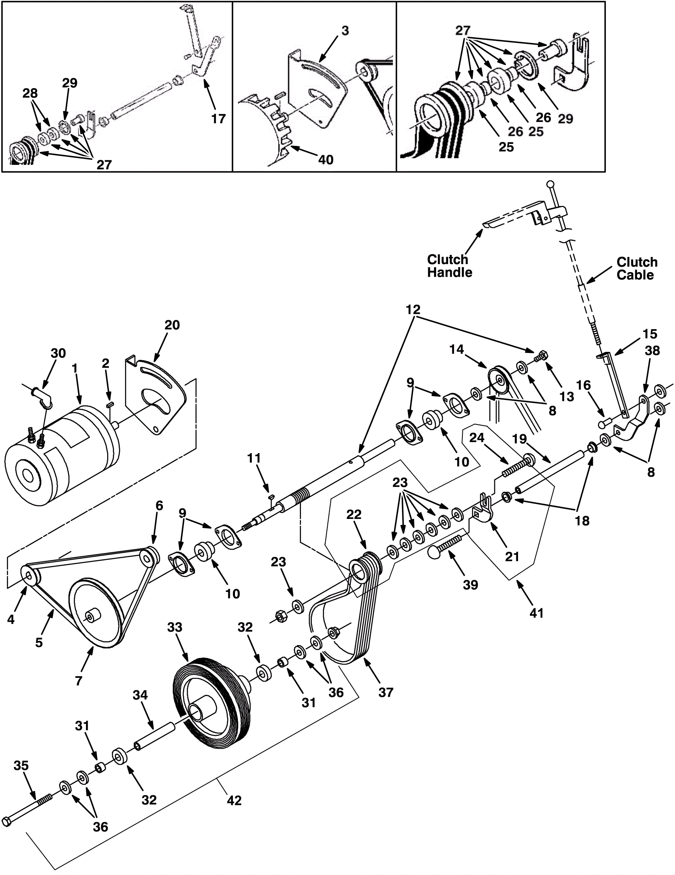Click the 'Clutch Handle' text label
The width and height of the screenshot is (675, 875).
tap(449, 265)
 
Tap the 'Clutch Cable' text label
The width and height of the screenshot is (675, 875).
tap(637, 268)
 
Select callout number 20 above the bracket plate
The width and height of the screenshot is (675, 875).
tap(172, 325)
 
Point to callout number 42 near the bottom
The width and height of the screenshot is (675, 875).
tap(234, 800)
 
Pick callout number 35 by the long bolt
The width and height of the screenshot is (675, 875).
tap(21, 765)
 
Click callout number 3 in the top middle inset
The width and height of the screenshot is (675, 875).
tap(345, 31)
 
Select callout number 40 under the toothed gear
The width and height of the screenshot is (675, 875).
tap(326, 159)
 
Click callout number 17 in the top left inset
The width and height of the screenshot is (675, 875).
tap(219, 119)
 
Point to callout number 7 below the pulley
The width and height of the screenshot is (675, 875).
tap(78, 680)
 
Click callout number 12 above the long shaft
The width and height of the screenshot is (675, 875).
tap(413, 309)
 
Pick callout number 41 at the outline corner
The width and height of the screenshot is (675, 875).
tap(536, 612)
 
